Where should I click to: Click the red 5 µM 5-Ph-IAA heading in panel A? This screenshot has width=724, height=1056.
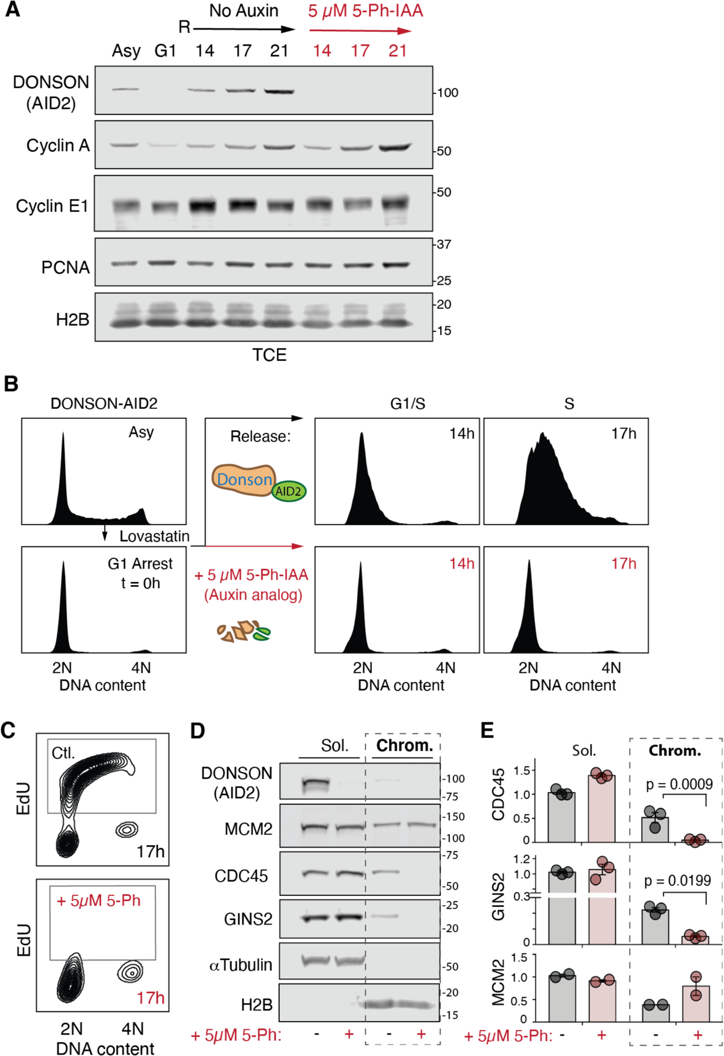[365, 11]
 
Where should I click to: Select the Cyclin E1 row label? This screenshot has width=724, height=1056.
[52, 206]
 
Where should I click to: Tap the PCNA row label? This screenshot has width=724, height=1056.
[65, 268]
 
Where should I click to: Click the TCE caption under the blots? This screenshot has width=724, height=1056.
[269, 355]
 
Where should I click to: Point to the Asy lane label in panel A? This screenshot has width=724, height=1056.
[126, 51]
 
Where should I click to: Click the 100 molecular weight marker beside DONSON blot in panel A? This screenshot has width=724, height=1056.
[448, 93]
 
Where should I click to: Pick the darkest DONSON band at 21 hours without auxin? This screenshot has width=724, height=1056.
[279, 92]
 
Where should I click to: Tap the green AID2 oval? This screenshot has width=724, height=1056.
[288, 492]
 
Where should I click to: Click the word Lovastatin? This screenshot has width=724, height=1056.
[154, 536]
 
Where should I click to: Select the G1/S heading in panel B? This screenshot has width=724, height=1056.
[407, 404]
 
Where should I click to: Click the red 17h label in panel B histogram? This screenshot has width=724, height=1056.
[623, 564]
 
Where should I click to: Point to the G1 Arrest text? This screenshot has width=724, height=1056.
[140, 564]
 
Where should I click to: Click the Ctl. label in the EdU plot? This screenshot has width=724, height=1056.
[63, 753]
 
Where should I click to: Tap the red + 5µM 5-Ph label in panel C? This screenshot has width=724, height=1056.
[99, 901]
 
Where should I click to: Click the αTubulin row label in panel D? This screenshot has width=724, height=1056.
[241, 965]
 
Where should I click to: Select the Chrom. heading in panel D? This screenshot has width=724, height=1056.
[404, 746]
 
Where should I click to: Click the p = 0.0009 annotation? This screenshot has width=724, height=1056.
[679, 784]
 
